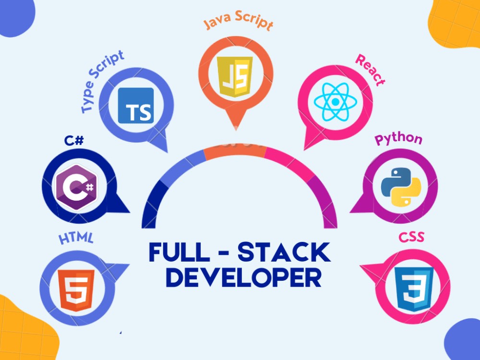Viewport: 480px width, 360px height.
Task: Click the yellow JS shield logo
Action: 235,76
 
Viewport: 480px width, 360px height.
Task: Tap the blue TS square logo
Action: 136,106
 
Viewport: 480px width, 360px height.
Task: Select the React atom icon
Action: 336,101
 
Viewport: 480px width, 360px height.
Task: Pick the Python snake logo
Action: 401,186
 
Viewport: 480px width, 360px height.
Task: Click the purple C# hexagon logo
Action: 76,187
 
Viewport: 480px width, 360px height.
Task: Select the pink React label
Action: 370,70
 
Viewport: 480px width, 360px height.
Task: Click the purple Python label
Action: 398,139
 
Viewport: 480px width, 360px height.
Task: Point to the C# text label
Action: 74,141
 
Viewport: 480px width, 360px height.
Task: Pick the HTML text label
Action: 76,238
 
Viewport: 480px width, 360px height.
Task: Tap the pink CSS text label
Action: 411,237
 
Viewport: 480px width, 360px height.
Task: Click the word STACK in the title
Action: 284,252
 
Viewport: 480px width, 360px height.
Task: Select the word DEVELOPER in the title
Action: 243,277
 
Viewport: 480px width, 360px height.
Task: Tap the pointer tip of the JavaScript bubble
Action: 236,130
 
